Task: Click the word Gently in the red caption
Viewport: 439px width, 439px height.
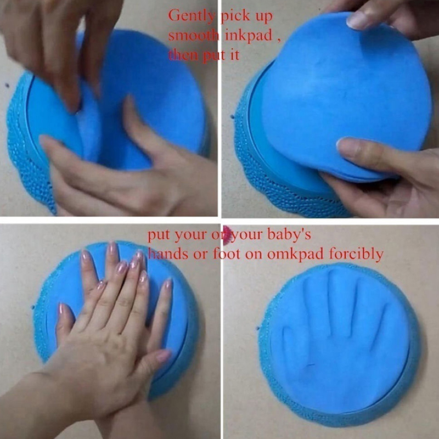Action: point(191,16)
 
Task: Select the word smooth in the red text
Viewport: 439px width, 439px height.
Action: point(193,35)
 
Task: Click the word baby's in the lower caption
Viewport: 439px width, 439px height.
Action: point(289,234)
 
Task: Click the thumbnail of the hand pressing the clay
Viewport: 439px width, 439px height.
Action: point(164,356)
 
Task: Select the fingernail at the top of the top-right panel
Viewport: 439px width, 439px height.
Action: point(356,20)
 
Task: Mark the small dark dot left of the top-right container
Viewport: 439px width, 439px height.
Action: point(232,116)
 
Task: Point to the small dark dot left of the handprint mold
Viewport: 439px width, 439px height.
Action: point(257,328)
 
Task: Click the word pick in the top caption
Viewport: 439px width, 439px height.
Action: point(235,16)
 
